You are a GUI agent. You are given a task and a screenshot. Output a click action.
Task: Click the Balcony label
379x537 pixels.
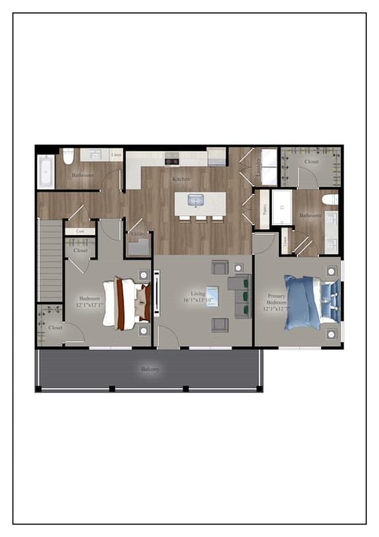click(150, 370)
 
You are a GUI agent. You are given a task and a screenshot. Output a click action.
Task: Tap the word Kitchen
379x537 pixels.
click(181, 179)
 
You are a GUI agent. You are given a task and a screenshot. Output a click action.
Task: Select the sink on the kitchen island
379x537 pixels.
click(195, 199)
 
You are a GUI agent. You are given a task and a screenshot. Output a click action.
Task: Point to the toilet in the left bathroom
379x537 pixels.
click(68, 157)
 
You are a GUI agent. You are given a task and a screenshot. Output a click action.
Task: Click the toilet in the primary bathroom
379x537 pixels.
click(330, 198)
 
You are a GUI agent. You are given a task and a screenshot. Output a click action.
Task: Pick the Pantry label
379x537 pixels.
click(265, 210)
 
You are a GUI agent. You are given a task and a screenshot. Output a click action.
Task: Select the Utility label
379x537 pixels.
click(138, 234)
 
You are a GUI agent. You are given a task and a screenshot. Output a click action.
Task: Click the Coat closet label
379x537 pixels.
click(80, 231)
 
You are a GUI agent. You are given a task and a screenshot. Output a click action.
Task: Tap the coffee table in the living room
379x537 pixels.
click(213, 296)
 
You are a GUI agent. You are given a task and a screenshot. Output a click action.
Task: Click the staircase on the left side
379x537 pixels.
click(50, 261)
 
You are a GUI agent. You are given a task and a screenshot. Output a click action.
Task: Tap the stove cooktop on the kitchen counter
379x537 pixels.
click(172, 160)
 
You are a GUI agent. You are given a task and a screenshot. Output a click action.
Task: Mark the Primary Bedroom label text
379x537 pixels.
click(277, 302)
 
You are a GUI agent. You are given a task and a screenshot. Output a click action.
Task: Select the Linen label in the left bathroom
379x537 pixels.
click(115, 155)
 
